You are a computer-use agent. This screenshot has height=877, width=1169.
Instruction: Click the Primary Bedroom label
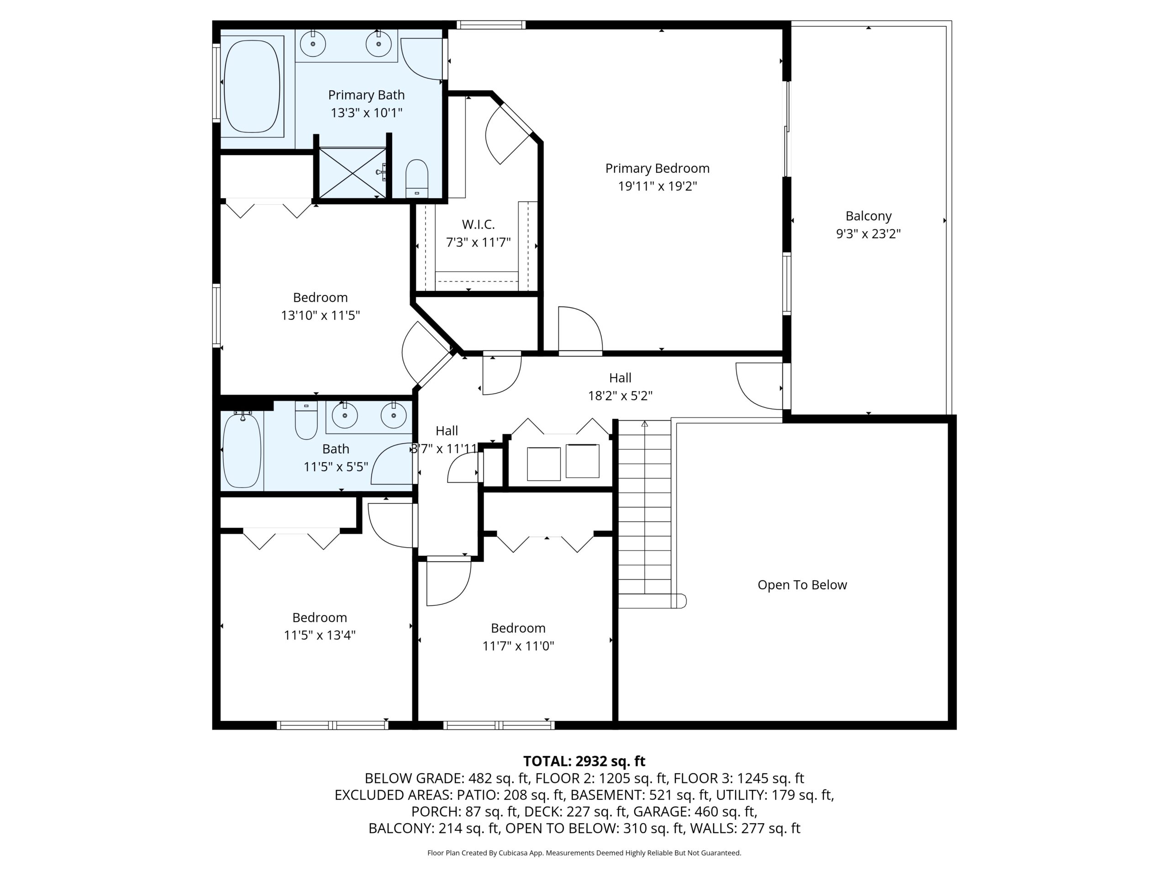pos(657,169)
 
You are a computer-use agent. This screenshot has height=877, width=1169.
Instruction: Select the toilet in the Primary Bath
pos(416,179)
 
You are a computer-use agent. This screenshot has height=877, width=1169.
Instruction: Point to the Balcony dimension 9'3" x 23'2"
pos(868,234)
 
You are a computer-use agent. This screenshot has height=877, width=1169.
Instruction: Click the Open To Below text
pos(802,585)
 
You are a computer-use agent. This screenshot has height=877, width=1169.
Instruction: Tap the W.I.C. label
pos(478,225)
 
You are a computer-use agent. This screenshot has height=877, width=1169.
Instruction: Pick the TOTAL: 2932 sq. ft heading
pos(584,761)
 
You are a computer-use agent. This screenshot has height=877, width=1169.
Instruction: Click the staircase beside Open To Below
pos(645,514)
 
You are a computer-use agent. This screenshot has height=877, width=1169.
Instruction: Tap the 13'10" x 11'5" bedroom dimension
pos(320,316)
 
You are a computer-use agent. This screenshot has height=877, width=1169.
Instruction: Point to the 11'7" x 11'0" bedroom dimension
pos(518,646)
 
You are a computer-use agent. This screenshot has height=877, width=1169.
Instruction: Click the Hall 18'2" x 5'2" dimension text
pos(620,396)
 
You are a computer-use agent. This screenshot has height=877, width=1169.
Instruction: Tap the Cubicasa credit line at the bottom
pos(584,853)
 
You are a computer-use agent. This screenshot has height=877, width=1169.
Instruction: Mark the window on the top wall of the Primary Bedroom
pos(491,24)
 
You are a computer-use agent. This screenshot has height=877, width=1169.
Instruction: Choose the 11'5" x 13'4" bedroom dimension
pos(319,635)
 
